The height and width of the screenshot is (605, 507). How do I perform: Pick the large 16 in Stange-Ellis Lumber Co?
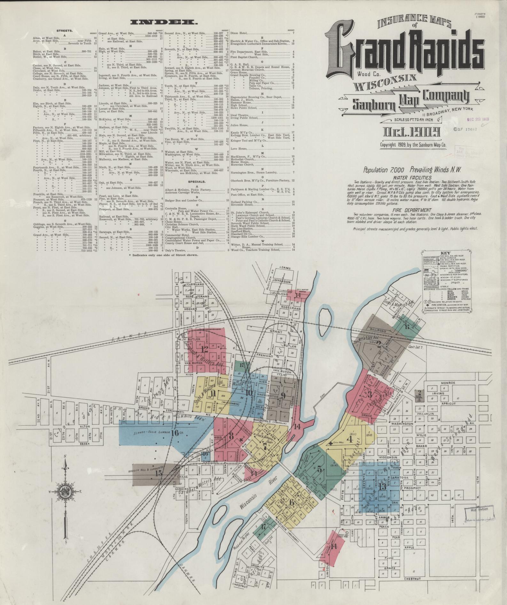coord(175,433)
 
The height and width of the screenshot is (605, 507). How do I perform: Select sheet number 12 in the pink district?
coord(205,349)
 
